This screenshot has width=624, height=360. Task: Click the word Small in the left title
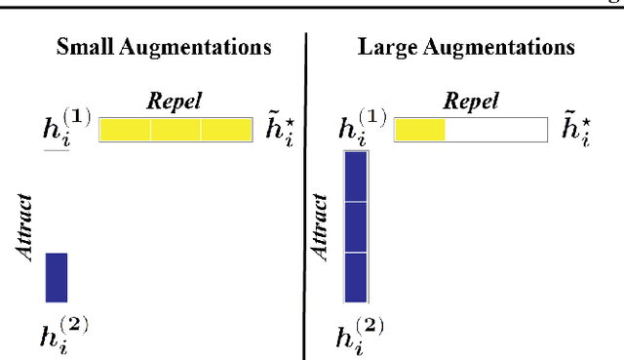[85, 47]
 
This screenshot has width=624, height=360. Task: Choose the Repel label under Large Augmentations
[471, 100]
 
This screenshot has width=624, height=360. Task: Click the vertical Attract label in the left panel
[26, 225]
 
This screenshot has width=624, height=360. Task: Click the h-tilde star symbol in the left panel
[281, 129]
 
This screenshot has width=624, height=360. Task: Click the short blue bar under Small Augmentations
[57, 277]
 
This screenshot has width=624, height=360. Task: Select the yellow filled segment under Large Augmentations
[419, 130]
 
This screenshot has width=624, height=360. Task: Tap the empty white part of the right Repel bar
[496, 130]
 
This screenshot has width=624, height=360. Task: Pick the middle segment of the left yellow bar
[175, 130]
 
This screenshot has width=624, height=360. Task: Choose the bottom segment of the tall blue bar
[356, 277]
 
